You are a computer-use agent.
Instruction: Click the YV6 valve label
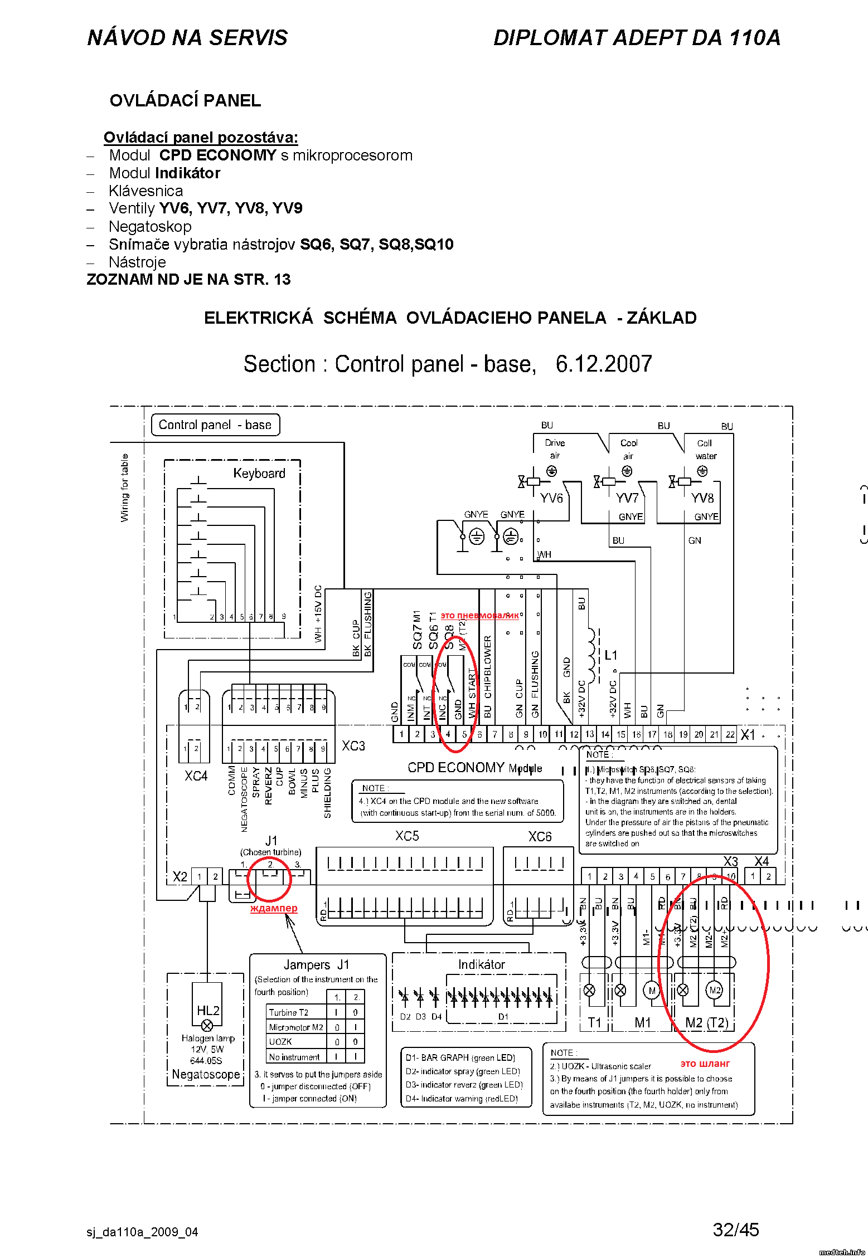552,498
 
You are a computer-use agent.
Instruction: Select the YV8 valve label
702,498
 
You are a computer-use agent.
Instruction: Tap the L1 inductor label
611,655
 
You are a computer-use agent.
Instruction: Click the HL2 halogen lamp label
208,1011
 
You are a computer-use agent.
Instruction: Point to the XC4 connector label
196,776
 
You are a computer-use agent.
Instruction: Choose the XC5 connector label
407,836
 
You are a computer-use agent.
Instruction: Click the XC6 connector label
540,837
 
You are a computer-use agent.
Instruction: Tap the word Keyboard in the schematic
259,474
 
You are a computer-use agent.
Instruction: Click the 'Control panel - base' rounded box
215,425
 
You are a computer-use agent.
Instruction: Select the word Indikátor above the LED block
482,965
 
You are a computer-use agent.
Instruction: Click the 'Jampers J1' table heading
316,965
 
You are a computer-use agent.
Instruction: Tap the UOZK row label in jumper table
280,1042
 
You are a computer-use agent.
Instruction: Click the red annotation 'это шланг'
705,1064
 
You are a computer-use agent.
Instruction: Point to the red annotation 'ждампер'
274,908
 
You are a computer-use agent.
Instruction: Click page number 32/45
736,1230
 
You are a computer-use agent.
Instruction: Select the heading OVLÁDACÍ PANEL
185,101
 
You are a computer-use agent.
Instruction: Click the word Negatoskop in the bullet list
150,227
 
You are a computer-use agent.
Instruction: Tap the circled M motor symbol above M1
652,991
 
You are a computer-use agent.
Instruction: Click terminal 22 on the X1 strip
730,735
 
